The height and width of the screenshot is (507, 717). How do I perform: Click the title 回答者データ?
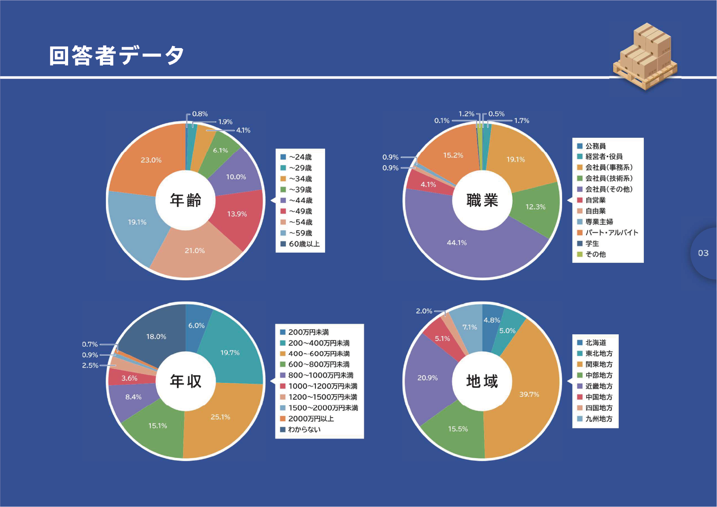(x=116, y=56)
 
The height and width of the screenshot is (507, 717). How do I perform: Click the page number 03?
(x=703, y=253)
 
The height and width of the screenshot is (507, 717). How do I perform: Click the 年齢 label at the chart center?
(x=186, y=200)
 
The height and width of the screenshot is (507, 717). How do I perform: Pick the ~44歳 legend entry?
(x=300, y=200)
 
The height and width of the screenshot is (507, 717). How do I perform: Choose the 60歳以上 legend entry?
(x=304, y=244)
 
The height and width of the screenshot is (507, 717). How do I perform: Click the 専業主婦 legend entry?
(x=599, y=222)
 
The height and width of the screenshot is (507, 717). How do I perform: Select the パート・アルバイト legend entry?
(x=611, y=233)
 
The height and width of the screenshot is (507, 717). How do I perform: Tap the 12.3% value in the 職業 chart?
(x=535, y=207)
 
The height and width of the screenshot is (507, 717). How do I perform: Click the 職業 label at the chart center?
(x=482, y=200)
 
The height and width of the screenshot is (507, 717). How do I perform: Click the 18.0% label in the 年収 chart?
(x=156, y=336)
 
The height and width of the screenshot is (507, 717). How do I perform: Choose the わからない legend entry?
(x=304, y=429)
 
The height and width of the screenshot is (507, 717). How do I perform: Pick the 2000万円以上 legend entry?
(x=311, y=419)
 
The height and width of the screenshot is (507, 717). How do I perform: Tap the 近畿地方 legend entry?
(x=599, y=386)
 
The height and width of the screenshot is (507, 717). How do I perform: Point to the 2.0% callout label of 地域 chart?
(x=424, y=311)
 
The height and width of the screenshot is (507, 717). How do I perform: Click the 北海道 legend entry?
(x=595, y=342)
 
